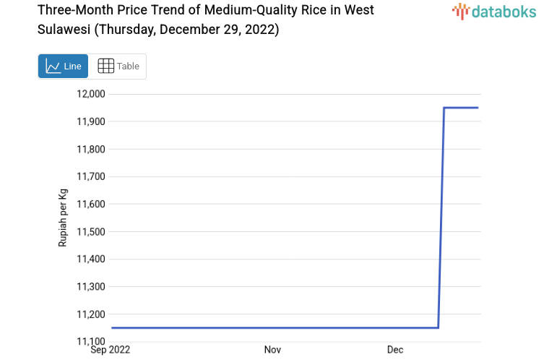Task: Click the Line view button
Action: tap(63, 66)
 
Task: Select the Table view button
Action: tap(118, 66)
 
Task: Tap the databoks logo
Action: tap(493, 11)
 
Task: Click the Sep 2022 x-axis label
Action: tap(111, 350)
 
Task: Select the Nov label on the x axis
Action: tap(272, 350)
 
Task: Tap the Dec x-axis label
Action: tap(395, 350)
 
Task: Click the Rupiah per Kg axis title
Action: tap(63, 218)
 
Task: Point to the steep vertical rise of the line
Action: tap(441, 217)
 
